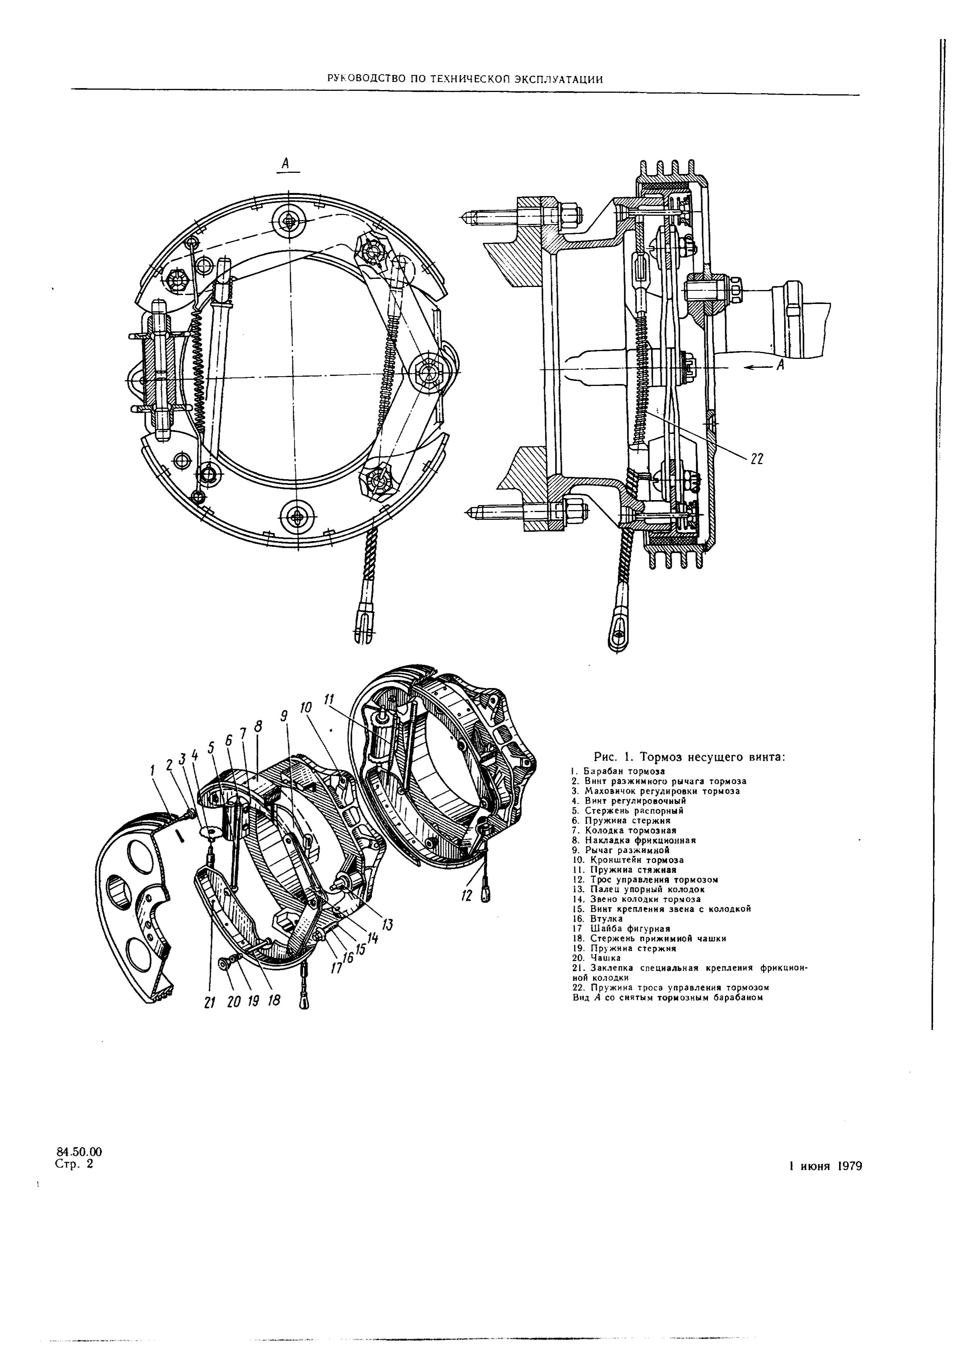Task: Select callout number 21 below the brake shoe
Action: (x=209, y=1003)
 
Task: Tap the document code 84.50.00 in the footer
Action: (x=79, y=1152)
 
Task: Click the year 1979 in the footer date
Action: (x=849, y=1166)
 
